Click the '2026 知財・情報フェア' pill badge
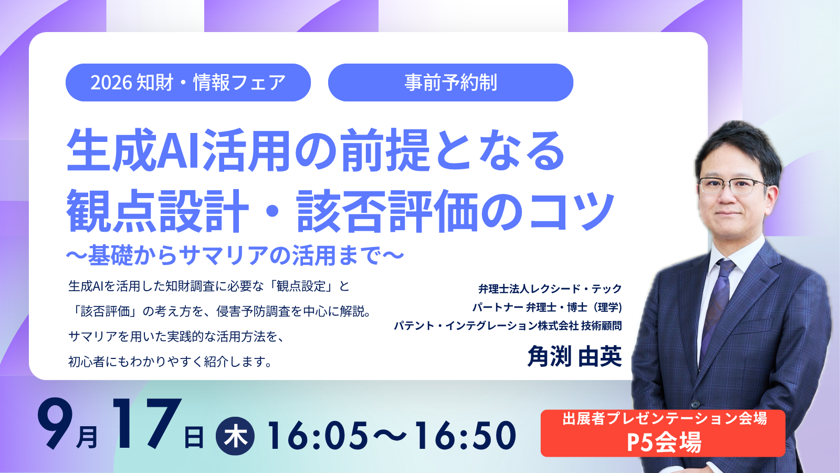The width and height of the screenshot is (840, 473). [x=188, y=83]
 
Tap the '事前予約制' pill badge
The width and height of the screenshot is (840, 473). [x=450, y=83]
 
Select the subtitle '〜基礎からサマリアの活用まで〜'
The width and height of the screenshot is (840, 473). [x=235, y=255]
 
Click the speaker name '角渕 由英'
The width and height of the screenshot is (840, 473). [x=574, y=356]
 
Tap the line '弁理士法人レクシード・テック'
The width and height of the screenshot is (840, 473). [x=550, y=289]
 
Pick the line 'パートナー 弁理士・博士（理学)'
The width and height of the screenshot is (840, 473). [x=547, y=307]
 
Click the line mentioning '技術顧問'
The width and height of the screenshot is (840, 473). [x=508, y=325]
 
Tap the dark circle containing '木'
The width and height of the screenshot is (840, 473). [x=235, y=436]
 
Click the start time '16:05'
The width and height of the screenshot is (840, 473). [x=318, y=436]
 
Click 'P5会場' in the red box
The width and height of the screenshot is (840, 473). [x=664, y=443]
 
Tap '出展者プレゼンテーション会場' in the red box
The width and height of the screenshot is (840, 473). [x=664, y=419]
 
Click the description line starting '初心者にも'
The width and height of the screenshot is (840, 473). [x=170, y=362]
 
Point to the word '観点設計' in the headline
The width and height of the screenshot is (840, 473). [x=158, y=211]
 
